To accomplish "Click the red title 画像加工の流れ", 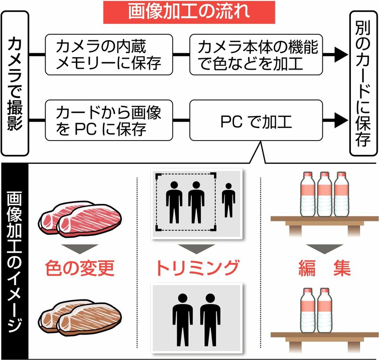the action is pyautogui.click(x=189, y=12).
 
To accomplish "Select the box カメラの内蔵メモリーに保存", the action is pyautogui.click(x=109, y=54).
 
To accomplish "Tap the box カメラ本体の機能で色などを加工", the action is pyautogui.click(x=256, y=54).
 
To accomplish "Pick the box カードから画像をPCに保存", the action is pyautogui.click(x=109, y=120).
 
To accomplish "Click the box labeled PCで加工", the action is pyautogui.click(x=256, y=120).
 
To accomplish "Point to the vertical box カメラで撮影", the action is pyautogui.click(x=15, y=83).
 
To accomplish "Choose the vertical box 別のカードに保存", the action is pyautogui.click(x=363, y=83).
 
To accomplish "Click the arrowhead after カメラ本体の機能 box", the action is pyautogui.click(x=341, y=54).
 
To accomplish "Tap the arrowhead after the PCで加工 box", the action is pyautogui.click(x=341, y=120).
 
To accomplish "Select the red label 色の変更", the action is pyautogui.click(x=80, y=268).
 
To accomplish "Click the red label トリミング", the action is pyautogui.click(x=198, y=268).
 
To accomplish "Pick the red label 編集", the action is pyautogui.click(x=325, y=268).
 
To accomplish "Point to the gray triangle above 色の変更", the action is pyautogui.click(x=80, y=248).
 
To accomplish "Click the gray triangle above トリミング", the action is pyautogui.click(x=197, y=248).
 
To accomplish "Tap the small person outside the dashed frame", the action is pyautogui.click(x=228, y=200).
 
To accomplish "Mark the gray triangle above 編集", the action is pyautogui.click(x=325, y=248).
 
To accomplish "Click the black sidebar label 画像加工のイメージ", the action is pyautogui.click(x=15, y=261).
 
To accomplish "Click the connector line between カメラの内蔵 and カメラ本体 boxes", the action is pyautogui.click(x=181, y=54).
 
